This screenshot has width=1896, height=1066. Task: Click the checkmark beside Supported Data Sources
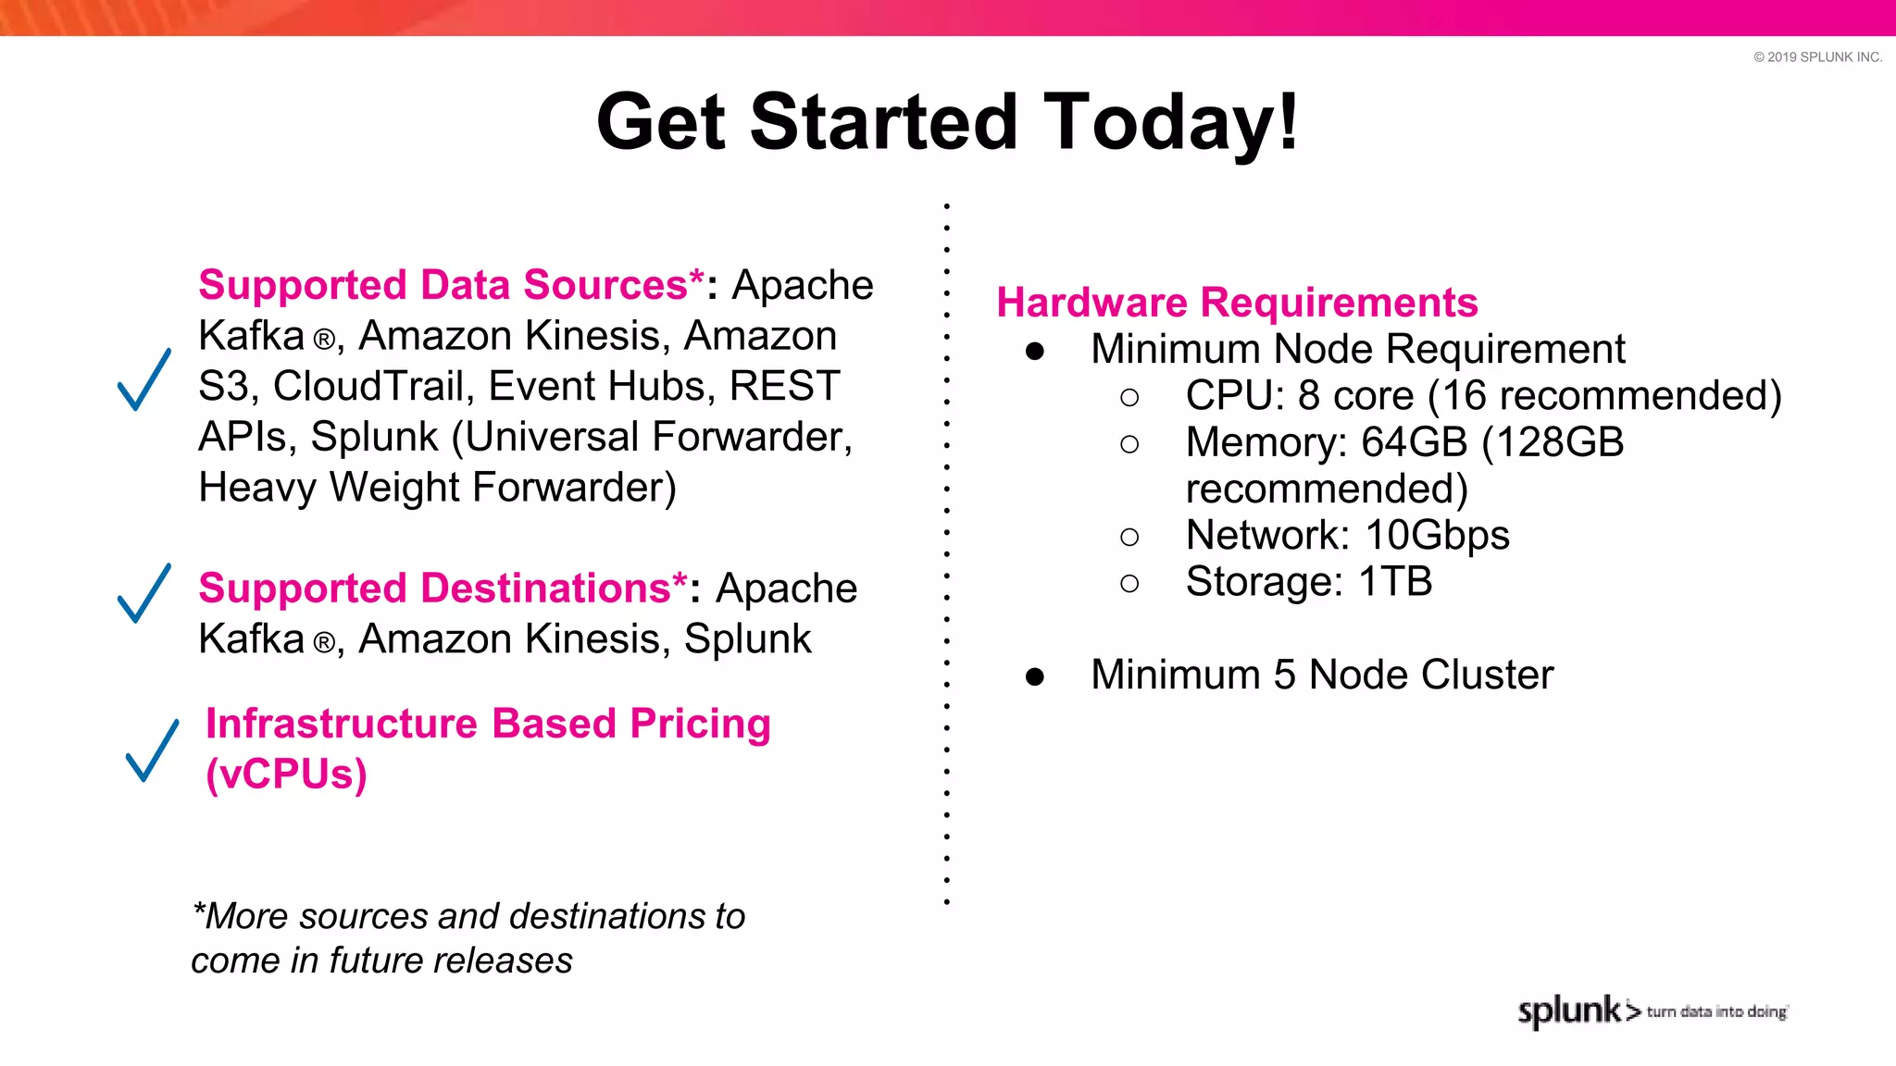pos(143,380)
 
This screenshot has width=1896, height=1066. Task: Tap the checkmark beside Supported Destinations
pos(143,594)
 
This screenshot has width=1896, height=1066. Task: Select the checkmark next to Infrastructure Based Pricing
pos(152,750)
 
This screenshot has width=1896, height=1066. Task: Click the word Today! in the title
pos(1171,122)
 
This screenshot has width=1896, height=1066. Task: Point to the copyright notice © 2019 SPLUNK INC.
pos(1817,57)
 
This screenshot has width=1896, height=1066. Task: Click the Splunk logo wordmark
pos(1570,1010)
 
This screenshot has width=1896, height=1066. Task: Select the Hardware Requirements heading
pos(1237,303)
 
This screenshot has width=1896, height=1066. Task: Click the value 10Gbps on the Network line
pos(1437,535)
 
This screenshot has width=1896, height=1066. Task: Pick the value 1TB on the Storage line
pos(1395,582)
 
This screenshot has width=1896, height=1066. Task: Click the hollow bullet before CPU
pos(1129,398)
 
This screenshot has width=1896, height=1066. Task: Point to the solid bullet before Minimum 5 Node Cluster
pos(1035,676)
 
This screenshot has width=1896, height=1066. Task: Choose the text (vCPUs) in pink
pos(286,775)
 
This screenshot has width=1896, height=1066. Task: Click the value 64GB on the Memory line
pos(1414,442)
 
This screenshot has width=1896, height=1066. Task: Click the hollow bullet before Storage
pos(1129,583)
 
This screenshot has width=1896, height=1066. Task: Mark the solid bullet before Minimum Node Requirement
pos(1035,351)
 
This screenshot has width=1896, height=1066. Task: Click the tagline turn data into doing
pos(1716,1011)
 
